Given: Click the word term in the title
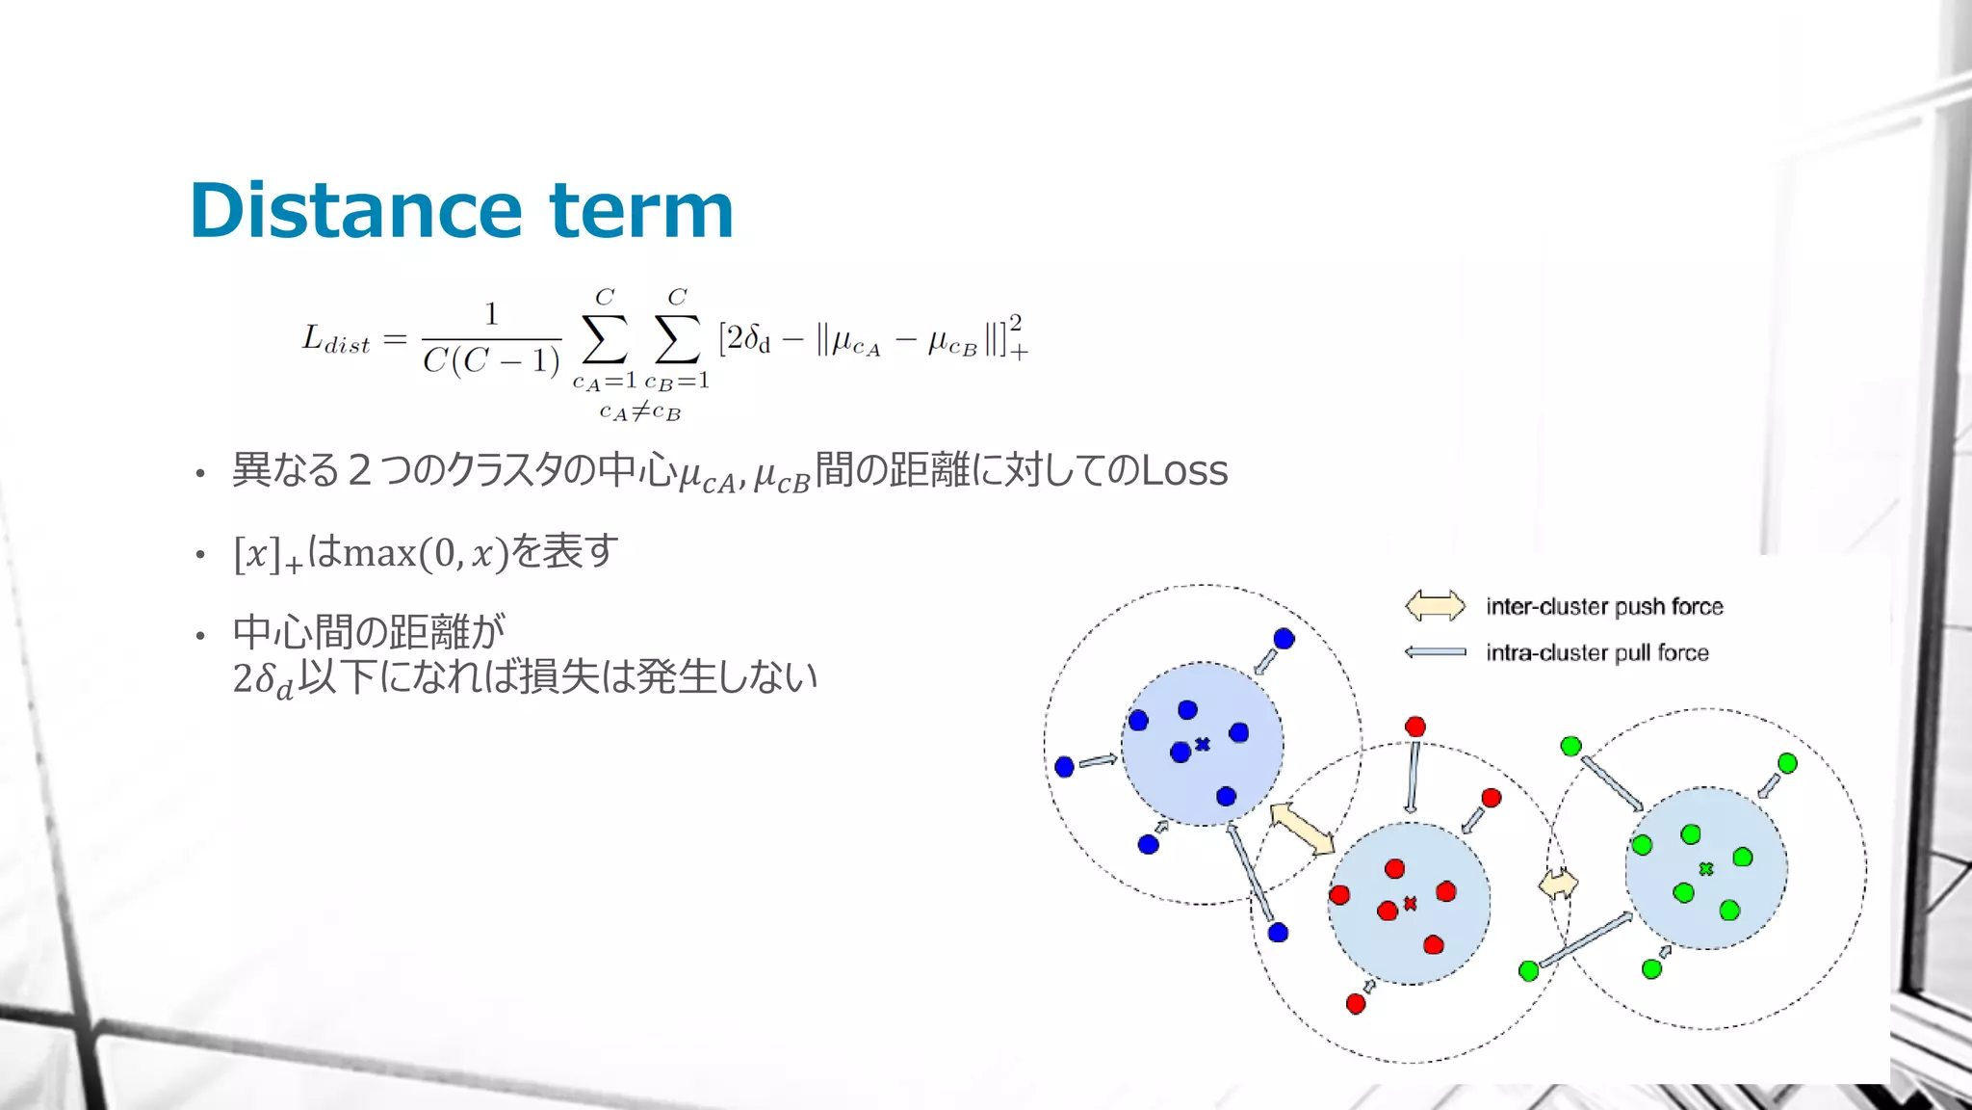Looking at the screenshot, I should click(x=641, y=211).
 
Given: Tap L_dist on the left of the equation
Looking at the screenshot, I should click(x=335, y=340).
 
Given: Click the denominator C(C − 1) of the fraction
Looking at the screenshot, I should click(x=491, y=361).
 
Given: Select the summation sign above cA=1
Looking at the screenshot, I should click(x=605, y=338).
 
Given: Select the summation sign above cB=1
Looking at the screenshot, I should click(x=677, y=338).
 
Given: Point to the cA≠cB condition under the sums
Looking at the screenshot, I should click(x=639, y=412).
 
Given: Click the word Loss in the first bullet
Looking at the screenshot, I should click(x=1183, y=471).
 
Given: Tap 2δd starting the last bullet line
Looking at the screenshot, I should click(x=262, y=679).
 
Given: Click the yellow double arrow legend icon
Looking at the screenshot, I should click(x=1435, y=606).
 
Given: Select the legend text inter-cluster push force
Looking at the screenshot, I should click(x=1604, y=606).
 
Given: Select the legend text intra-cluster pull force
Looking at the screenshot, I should click(x=1596, y=652).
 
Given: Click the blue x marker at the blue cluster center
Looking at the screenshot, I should click(x=1203, y=744).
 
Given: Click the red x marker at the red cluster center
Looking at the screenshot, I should click(x=1411, y=904).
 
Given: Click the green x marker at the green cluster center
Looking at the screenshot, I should click(x=1706, y=869).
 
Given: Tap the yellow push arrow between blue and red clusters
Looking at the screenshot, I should click(x=1303, y=829).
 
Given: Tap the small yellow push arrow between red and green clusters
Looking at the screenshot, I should click(x=1558, y=884).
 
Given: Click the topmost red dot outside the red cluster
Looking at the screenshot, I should click(x=1415, y=727).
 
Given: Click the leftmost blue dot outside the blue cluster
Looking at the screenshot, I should click(x=1064, y=767).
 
